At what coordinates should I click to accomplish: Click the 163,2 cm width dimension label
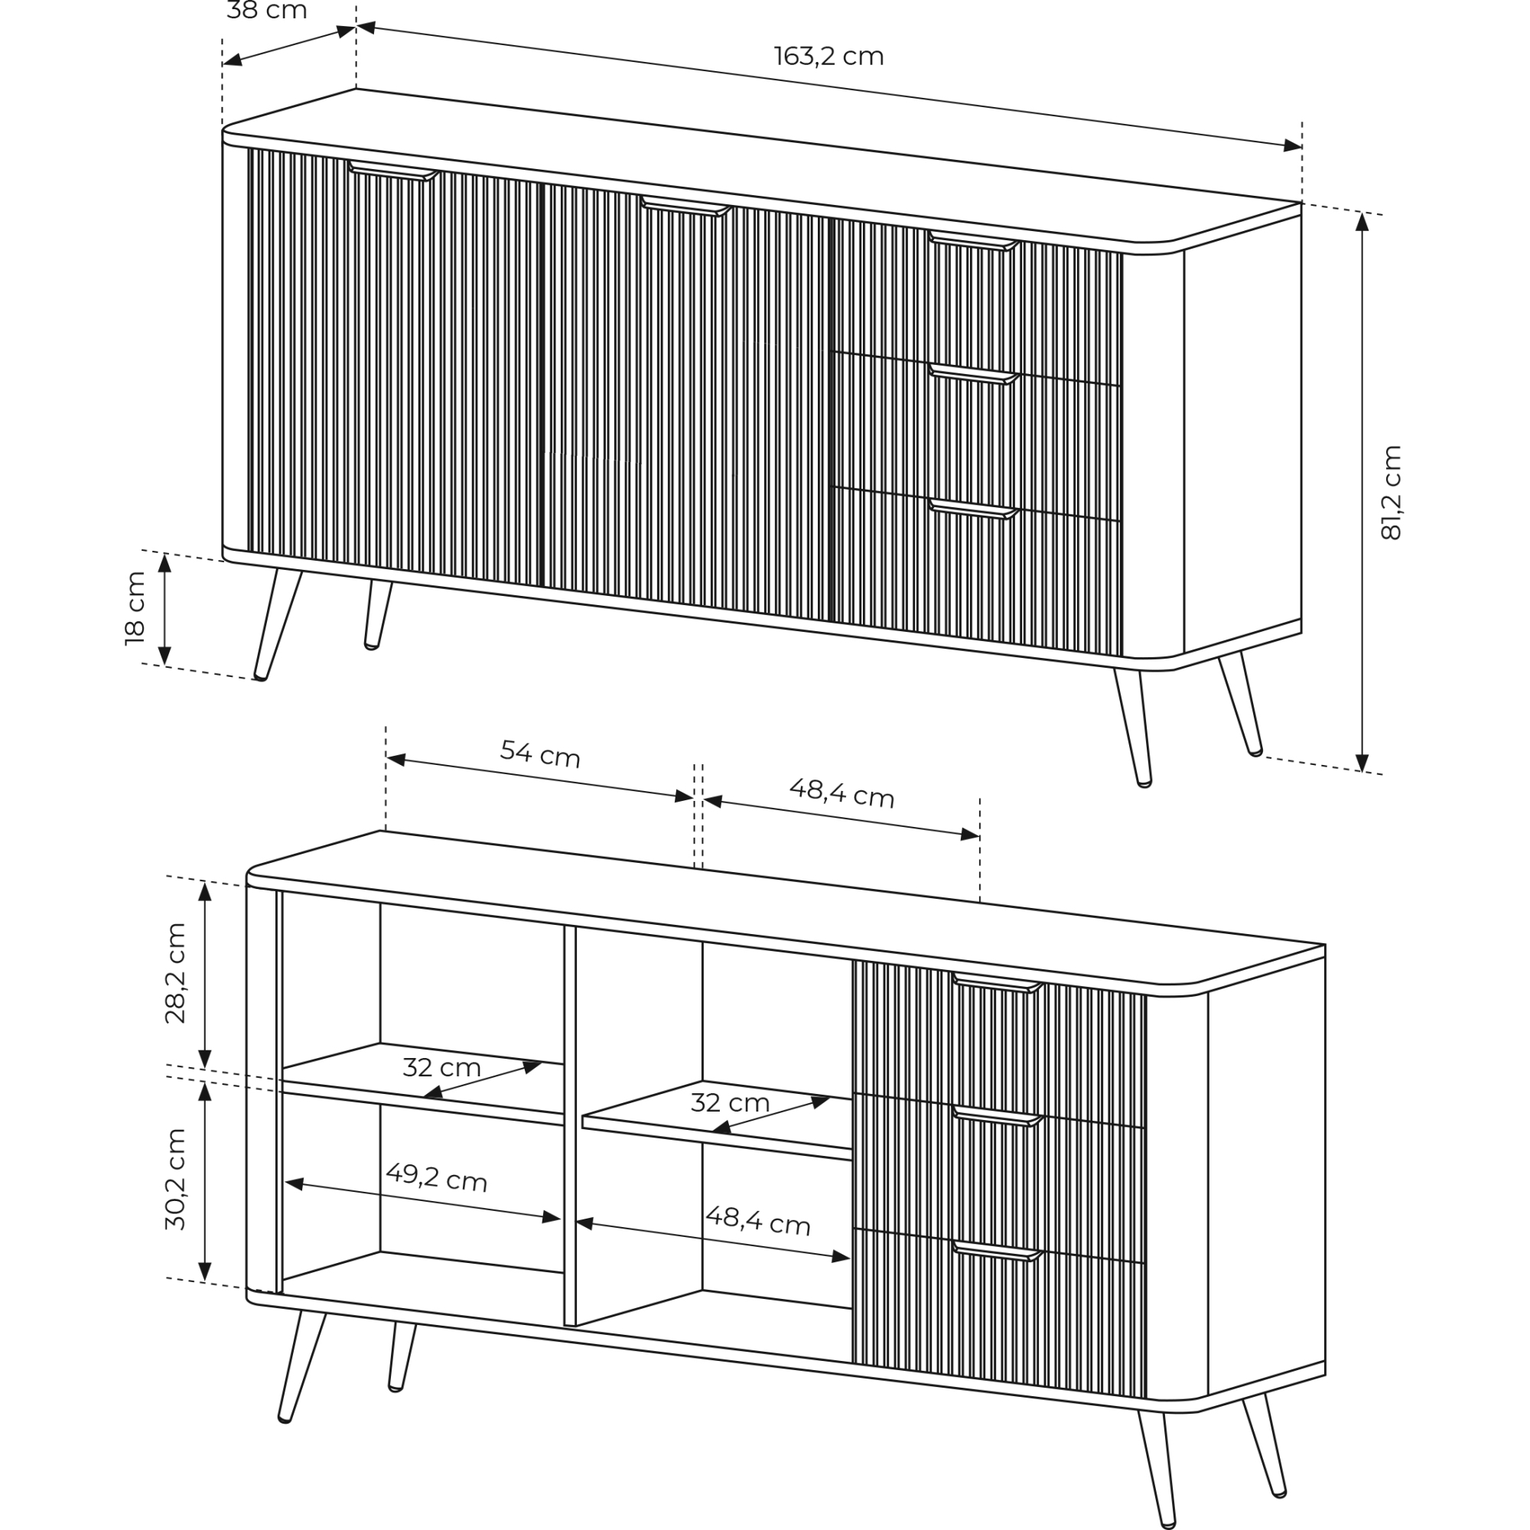tap(828, 56)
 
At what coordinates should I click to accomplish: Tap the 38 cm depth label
tap(267, 11)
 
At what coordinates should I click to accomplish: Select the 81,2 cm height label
tap(1391, 493)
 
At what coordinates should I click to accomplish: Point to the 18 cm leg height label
tap(135, 608)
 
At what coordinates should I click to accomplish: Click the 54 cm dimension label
tap(541, 754)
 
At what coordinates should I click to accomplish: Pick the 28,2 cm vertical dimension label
tap(175, 973)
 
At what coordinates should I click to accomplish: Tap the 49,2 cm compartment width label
tap(436, 1177)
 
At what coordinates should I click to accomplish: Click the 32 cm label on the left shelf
tap(442, 1067)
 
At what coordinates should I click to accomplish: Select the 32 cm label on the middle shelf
tap(730, 1102)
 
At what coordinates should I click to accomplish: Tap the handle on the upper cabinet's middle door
tap(685, 205)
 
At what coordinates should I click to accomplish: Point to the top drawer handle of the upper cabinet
tap(973, 241)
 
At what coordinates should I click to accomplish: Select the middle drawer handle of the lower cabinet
tap(998, 1117)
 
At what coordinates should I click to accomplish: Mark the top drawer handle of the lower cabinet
tap(998, 984)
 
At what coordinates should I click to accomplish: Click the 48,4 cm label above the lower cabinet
tap(841, 793)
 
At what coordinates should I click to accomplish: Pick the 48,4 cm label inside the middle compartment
tap(758, 1220)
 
